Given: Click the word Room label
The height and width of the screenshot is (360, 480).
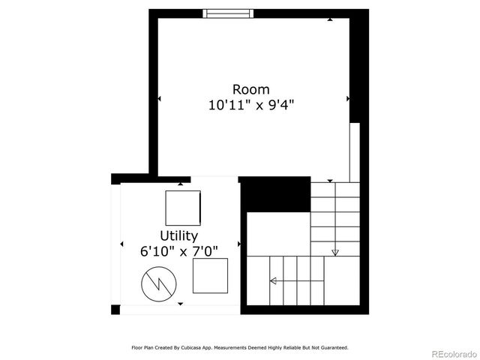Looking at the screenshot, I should (250, 90).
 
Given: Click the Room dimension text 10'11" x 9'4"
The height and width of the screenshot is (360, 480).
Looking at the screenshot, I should (250, 106).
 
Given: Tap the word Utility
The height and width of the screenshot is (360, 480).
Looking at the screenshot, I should (178, 236).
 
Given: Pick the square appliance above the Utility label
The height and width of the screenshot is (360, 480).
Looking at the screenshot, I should (183, 208).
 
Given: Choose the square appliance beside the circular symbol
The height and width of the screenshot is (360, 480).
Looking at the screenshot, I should (210, 276).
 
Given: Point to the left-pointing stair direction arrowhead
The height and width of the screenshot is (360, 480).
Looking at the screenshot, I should (272, 281).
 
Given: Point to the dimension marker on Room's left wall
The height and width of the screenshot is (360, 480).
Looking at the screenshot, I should (159, 98).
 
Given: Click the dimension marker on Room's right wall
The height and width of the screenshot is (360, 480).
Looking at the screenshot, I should (347, 98).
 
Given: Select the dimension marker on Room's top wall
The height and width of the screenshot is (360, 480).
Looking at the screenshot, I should (330, 19).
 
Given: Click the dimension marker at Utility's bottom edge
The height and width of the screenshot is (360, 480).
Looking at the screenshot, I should (180, 304).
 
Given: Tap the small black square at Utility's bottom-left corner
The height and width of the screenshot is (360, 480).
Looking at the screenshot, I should (115, 310).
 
